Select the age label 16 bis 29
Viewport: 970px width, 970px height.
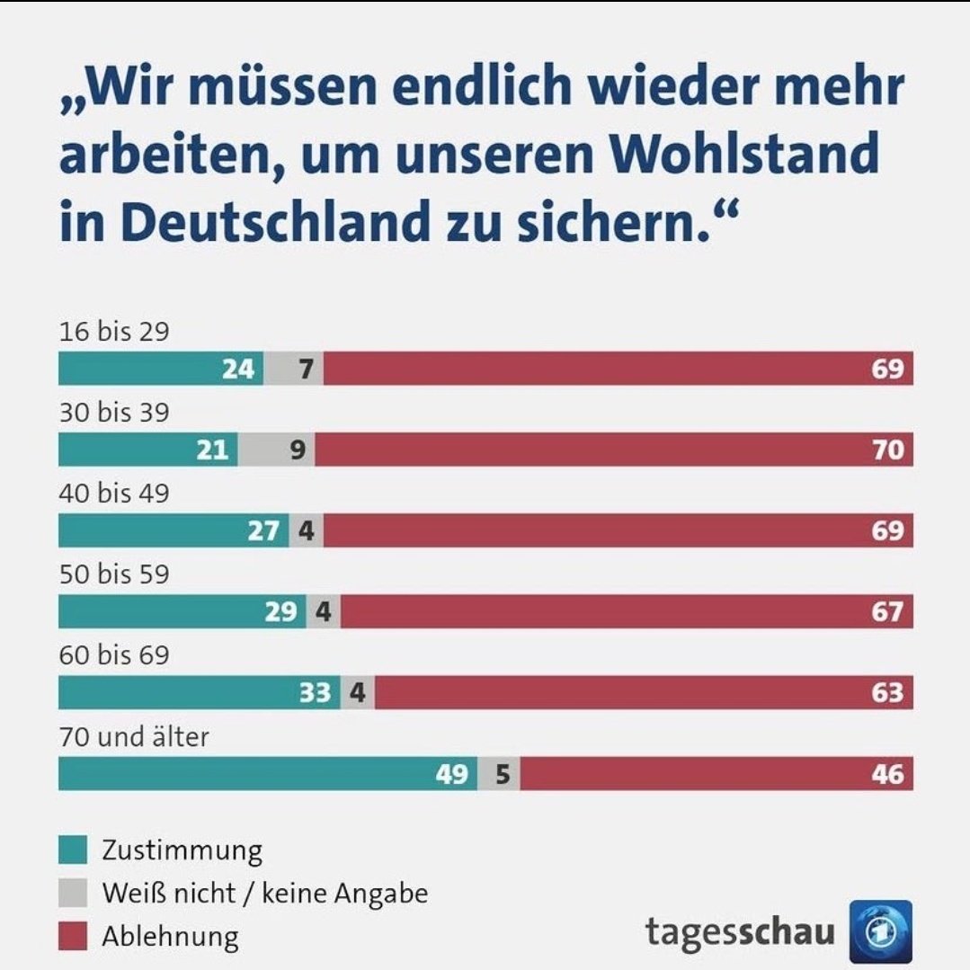click(x=114, y=332)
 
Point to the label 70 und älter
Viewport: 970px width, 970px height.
click(x=134, y=737)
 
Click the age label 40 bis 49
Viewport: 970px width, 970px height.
click(x=114, y=494)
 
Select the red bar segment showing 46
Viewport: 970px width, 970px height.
click(x=716, y=773)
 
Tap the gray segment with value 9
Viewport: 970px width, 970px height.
click(x=277, y=449)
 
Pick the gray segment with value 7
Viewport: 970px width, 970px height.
click(x=294, y=369)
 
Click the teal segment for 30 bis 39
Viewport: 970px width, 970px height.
click(x=148, y=449)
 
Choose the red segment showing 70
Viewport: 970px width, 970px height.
click(x=613, y=449)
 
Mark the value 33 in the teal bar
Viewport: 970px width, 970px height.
click(x=316, y=693)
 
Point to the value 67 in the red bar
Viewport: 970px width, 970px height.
click(x=886, y=612)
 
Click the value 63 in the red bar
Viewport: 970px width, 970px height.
click(x=886, y=693)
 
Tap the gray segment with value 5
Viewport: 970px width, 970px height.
click(x=499, y=773)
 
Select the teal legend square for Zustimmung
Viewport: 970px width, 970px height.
click(x=73, y=850)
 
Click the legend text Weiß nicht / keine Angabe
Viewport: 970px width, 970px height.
click(x=264, y=894)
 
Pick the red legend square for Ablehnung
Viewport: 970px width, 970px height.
click(x=73, y=937)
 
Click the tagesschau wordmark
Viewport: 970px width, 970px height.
click(x=739, y=932)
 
